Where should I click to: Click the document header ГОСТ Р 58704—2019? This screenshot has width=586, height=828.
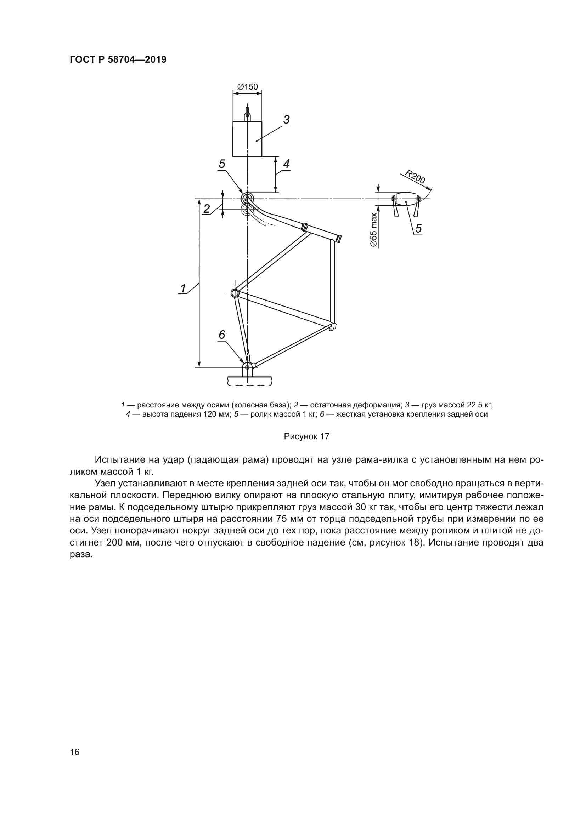pyautogui.click(x=118, y=60)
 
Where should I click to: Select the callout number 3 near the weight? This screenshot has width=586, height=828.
pyautogui.click(x=287, y=119)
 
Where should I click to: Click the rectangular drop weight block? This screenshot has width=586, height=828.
pyautogui.click(x=247, y=139)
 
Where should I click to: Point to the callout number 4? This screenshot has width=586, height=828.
pyautogui.click(x=287, y=164)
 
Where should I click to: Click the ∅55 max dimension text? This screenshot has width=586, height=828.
pyautogui.click(x=374, y=230)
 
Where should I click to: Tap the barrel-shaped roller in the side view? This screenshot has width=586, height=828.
pyautogui.click(x=406, y=199)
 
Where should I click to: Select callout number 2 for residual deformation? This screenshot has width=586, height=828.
pyautogui.click(x=207, y=208)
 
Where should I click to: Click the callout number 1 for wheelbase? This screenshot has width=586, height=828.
pyautogui.click(x=183, y=288)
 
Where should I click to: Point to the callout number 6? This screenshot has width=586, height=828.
pyautogui.click(x=222, y=335)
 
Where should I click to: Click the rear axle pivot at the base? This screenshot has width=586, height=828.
pyautogui.click(x=247, y=367)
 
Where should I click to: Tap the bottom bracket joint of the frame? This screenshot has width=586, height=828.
pyautogui.click(x=235, y=293)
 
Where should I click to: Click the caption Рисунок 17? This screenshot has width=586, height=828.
pyautogui.click(x=307, y=436)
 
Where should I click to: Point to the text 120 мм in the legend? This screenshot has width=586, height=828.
pyautogui.click(x=219, y=415)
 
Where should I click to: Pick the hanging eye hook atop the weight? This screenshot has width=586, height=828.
pyautogui.click(x=247, y=115)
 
